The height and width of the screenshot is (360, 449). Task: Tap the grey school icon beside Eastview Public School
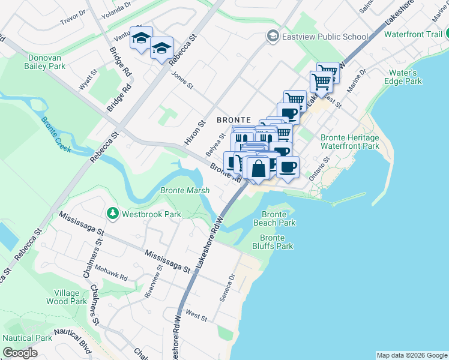[x=274, y=37]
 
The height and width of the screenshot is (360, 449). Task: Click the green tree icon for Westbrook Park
[x=112, y=214]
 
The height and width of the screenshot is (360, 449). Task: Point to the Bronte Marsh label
[x=185, y=191]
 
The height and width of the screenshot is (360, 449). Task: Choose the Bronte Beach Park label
[x=279, y=218]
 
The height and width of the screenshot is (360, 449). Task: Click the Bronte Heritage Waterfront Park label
[x=350, y=141]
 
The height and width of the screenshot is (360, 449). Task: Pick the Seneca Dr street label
[x=232, y=284]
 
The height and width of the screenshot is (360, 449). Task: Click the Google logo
[x=20, y=353]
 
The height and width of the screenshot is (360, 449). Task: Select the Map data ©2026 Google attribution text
[x=411, y=355]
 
